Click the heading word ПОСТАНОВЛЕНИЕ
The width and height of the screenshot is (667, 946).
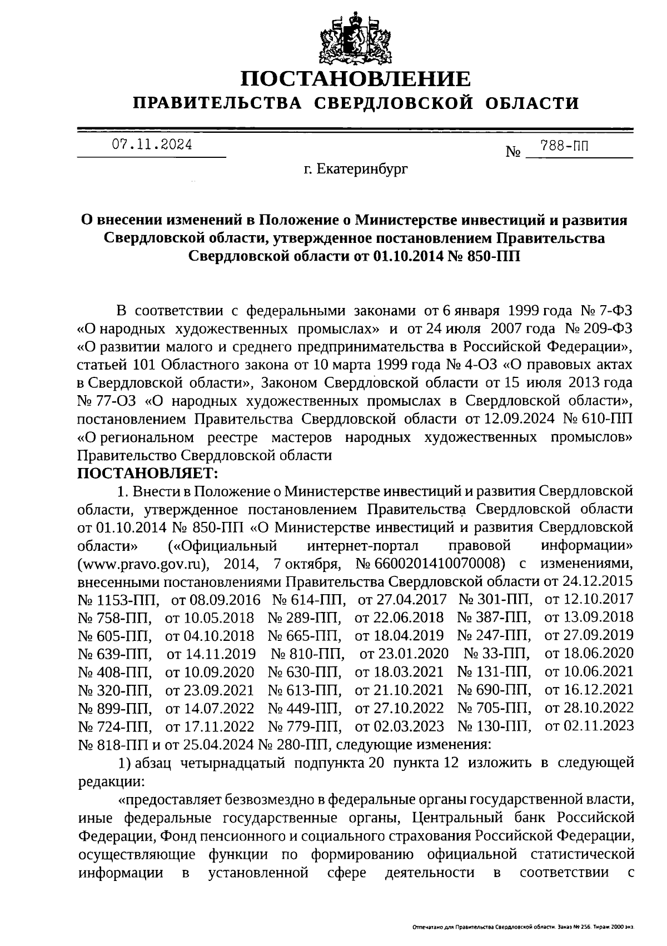[355, 79]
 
